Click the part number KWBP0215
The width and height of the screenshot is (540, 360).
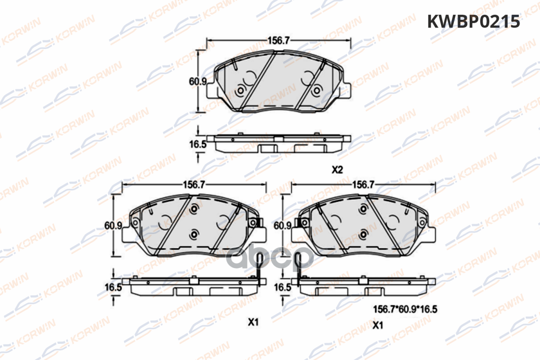point(473,22)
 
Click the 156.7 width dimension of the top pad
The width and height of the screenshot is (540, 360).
point(279,40)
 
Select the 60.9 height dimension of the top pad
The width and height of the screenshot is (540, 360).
point(198,81)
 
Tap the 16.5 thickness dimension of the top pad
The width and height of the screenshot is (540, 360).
point(198,144)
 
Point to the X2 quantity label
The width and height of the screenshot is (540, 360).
point(337,170)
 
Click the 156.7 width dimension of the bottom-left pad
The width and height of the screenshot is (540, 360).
point(194,184)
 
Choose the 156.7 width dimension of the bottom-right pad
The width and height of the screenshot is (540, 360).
point(363,184)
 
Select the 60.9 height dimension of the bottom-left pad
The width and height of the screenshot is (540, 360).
point(113,225)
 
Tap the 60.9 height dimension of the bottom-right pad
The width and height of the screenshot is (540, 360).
point(283,225)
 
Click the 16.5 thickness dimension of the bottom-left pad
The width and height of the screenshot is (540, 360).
point(113,287)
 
